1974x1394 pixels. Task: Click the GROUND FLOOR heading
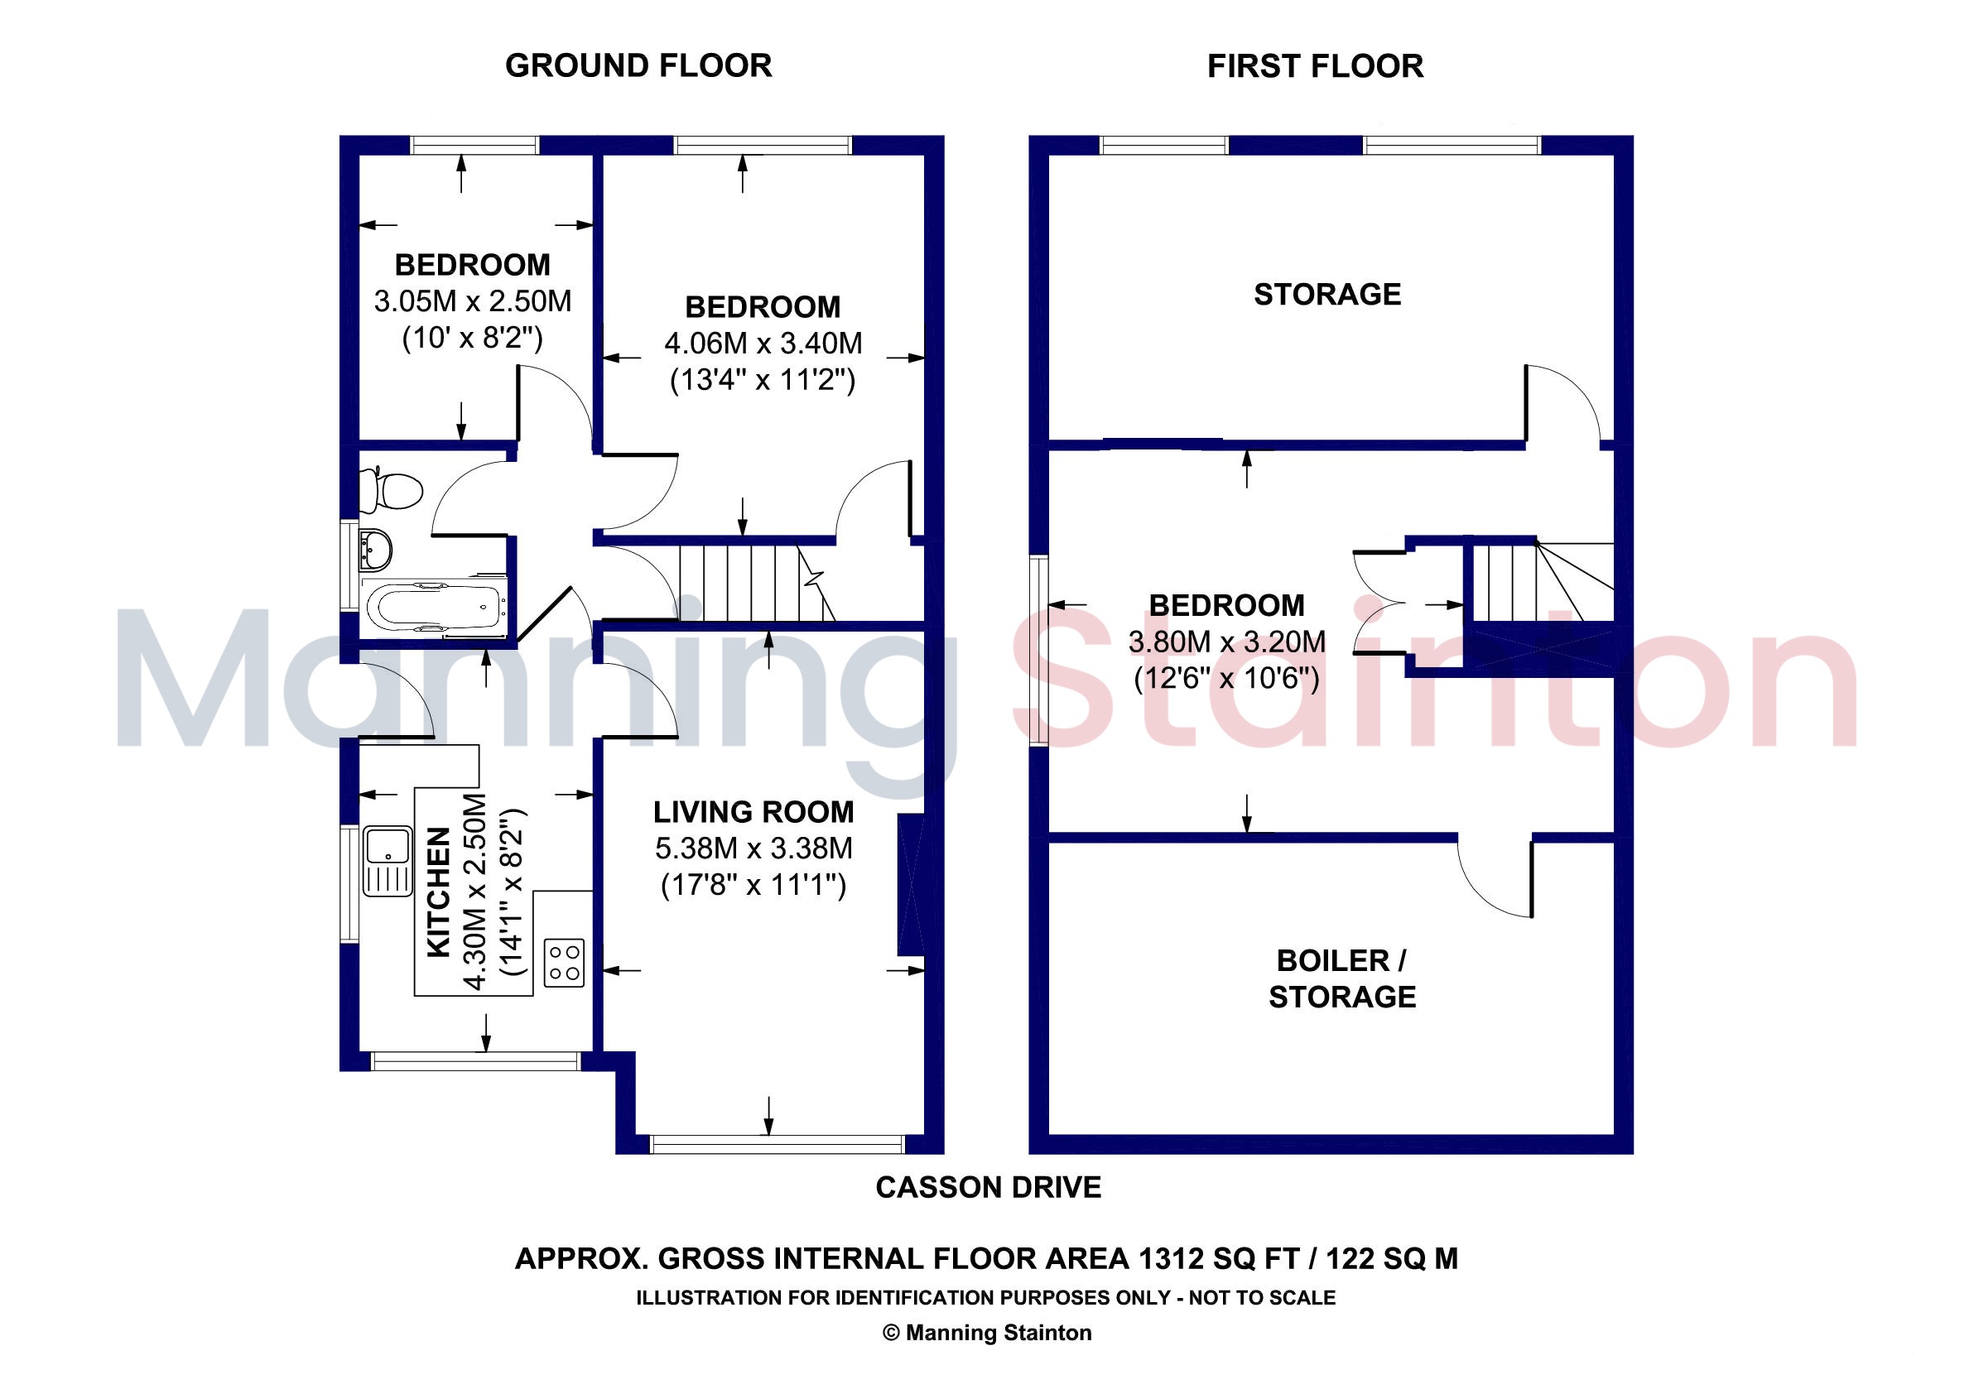pos(638,66)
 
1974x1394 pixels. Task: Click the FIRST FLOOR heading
pos(1315,66)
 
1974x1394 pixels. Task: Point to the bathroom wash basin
pos(376,548)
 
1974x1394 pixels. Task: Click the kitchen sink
pos(388,861)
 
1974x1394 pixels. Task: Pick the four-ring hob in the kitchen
pos(564,963)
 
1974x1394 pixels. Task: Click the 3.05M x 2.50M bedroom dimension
pos(473,301)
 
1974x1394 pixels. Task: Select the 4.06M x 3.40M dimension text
pos(763,344)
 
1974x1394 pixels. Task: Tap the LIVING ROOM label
pos(754,812)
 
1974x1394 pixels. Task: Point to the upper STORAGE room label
pos(1327,295)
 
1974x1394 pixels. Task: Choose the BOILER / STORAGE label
pos(1342,979)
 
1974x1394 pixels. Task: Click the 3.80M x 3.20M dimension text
pos(1227,642)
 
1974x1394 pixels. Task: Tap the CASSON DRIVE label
pos(988,1188)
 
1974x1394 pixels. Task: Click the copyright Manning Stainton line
pos(987,1333)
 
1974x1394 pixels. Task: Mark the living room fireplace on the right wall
pos(912,885)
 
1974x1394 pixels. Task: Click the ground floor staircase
pos(757,582)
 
